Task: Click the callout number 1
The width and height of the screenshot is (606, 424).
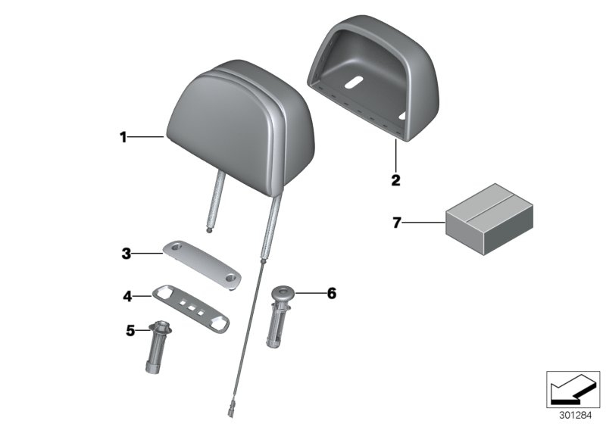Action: pyautogui.click(x=121, y=137)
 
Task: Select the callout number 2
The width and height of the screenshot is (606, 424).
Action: pyautogui.click(x=395, y=180)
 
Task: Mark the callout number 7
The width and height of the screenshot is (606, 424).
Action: pyautogui.click(x=395, y=223)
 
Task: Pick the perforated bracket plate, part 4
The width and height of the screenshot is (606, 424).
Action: pyautogui.click(x=192, y=307)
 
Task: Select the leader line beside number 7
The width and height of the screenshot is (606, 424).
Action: pyautogui.click(x=423, y=223)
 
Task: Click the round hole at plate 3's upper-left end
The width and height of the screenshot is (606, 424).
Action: pyautogui.click(x=176, y=248)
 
